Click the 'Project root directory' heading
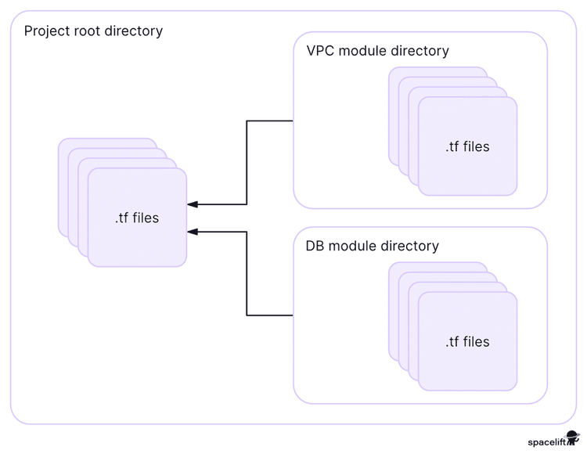(93, 31)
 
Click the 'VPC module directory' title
(377, 51)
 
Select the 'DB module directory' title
(372, 246)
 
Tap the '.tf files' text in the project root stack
(136, 218)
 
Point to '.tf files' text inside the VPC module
(467, 146)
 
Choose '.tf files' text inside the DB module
(467, 341)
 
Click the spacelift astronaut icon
(573, 439)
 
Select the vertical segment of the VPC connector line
(247, 163)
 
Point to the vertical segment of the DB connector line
(247, 274)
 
